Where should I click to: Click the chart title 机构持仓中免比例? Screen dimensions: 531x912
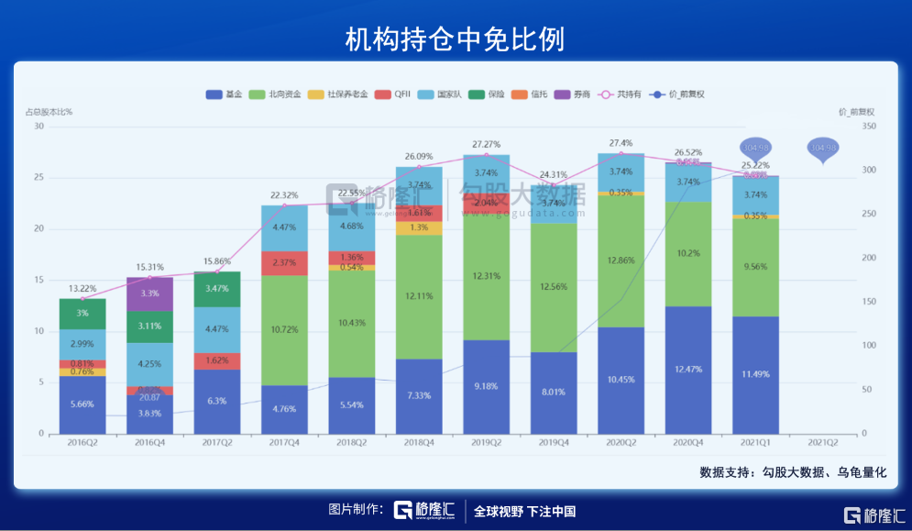tap(455, 38)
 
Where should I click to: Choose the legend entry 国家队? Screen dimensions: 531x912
tap(439, 94)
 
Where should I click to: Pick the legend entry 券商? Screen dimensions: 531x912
tap(572, 94)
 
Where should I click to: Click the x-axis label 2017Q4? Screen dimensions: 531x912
tap(284, 442)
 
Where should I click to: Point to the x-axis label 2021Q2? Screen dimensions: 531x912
tap(823, 442)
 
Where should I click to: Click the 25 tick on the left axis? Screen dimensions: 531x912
tap(38, 177)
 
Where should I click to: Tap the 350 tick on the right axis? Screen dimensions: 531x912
tap(873, 127)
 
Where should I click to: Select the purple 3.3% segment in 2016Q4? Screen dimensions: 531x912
tap(149, 293)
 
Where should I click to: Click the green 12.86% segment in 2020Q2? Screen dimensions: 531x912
tap(621, 260)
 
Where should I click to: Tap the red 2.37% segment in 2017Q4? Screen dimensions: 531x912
tap(284, 263)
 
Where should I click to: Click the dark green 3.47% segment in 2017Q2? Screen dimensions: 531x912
tap(217, 289)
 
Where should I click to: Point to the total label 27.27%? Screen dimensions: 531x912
tap(487, 145)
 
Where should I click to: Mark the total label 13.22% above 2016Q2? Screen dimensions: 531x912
tap(82, 288)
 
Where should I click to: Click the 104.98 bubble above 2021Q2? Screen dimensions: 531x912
tap(823, 149)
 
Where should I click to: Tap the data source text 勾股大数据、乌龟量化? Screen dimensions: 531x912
tap(793, 473)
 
